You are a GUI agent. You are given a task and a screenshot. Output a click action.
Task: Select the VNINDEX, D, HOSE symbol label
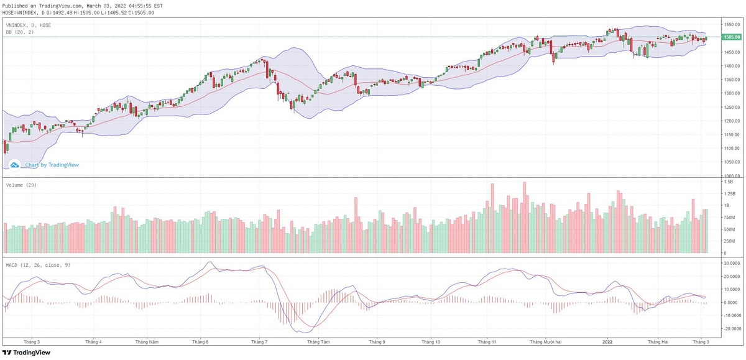tap(28, 25)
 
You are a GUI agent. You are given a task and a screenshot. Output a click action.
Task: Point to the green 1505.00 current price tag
tap(730, 37)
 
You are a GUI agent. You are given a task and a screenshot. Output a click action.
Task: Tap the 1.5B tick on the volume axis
tap(727, 182)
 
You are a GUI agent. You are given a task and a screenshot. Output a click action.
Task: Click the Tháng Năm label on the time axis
tap(147, 342)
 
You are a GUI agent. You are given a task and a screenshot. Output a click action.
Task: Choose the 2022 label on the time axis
tap(607, 342)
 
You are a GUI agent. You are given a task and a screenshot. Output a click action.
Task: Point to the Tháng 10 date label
tap(430, 342)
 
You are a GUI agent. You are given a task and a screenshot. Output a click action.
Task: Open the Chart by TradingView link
tap(52, 165)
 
